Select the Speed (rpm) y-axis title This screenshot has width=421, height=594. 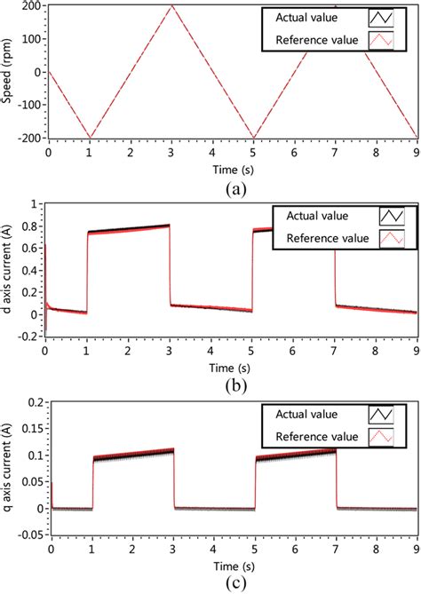click(x=9, y=71)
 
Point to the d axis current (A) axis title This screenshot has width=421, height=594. click(x=9, y=270)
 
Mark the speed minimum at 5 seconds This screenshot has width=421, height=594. click(x=253, y=138)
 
